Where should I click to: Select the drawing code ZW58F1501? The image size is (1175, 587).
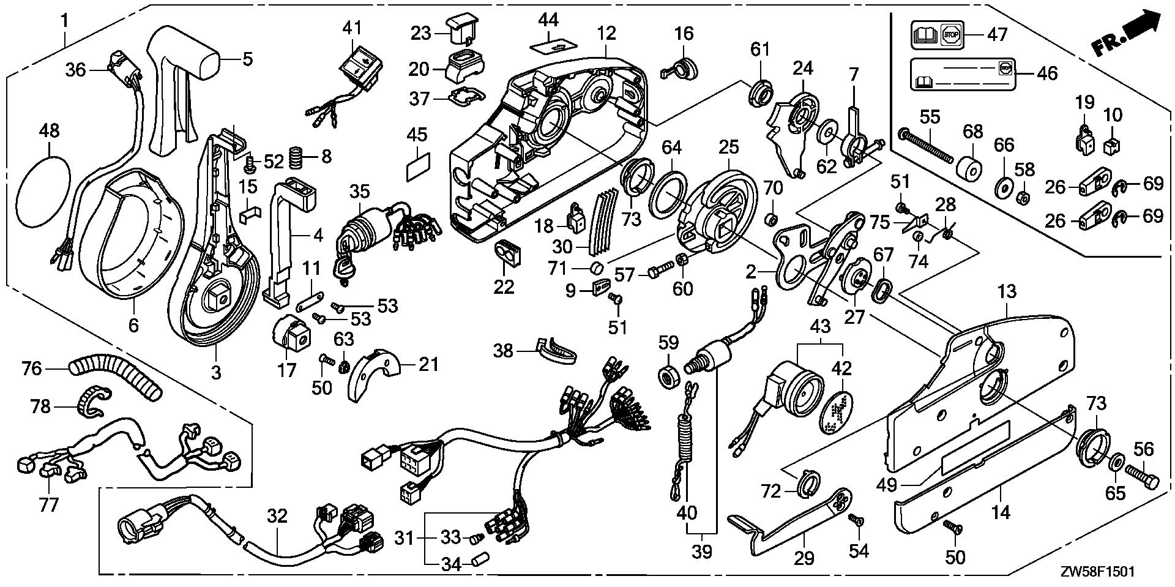click(x=1098, y=572)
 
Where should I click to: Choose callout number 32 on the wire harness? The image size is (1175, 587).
click(x=277, y=516)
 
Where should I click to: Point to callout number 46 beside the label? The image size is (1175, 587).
click(x=1047, y=73)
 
